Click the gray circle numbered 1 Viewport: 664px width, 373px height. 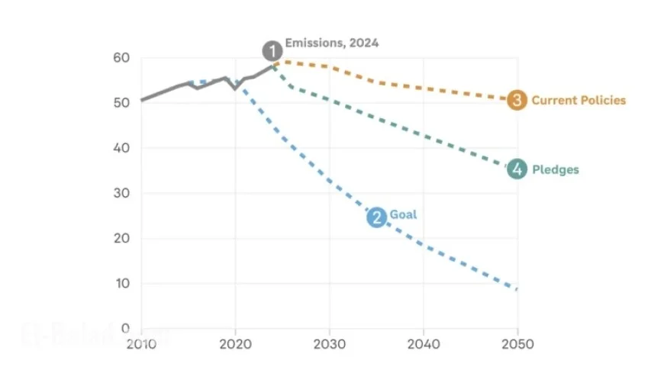272,51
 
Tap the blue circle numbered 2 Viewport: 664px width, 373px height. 376,217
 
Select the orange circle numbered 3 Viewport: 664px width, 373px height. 517,100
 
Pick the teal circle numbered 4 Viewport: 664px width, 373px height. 517,169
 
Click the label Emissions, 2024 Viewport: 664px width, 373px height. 332,43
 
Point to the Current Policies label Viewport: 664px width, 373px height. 579,100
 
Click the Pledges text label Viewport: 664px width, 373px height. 555,169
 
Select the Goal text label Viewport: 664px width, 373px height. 404,215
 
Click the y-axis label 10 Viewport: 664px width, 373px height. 122,284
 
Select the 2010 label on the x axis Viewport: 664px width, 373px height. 141,343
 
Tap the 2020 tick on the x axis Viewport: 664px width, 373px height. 235,343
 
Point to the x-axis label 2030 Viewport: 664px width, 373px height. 330,343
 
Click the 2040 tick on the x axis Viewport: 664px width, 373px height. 424,343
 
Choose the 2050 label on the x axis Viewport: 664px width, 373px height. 517,343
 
